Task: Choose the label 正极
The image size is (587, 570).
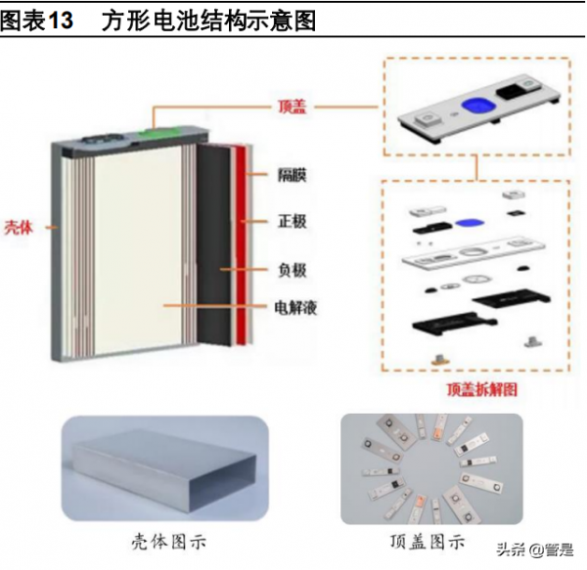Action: pyautogui.click(x=290, y=222)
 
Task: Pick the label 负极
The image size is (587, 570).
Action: pyautogui.click(x=290, y=268)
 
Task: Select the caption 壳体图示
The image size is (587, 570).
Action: pyautogui.click(x=168, y=541)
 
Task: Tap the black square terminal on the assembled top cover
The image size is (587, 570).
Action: pyautogui.click(x=515, y=94)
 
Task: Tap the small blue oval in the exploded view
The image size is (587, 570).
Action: pyautogui.click(x=470, y=221)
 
